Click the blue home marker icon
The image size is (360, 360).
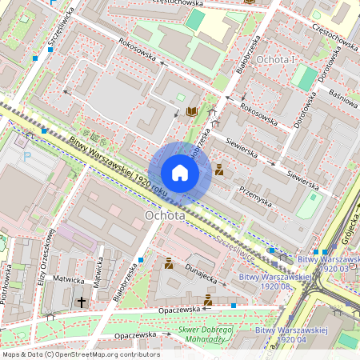click(x=180, y=172)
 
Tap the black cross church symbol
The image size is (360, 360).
click(x=82, y=302)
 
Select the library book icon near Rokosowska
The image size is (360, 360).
click(x=191, y=111)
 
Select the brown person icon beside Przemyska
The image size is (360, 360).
click(x=218, y=170)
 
